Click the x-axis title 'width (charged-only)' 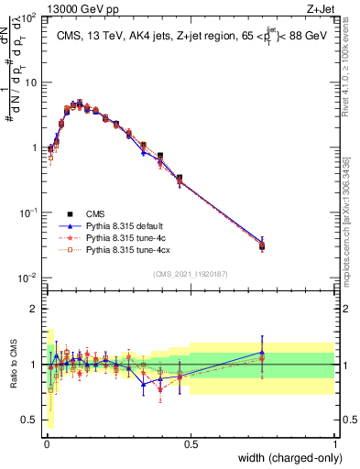point(288,457)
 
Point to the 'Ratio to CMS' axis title point(15,364)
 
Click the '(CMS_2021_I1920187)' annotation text point(191,273)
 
